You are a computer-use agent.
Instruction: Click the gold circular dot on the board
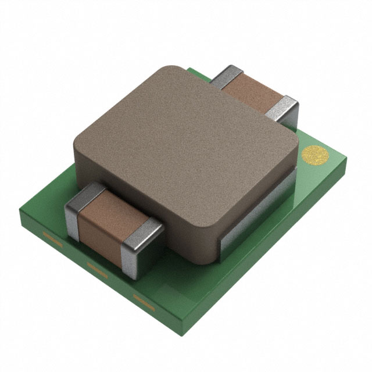(x=316, y=155)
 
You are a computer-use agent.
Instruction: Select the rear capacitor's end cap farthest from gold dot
(x=227, y=76)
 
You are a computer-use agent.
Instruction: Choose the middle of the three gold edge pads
(x=97, y=269)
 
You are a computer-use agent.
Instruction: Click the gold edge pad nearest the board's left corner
(x=52, y=238)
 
